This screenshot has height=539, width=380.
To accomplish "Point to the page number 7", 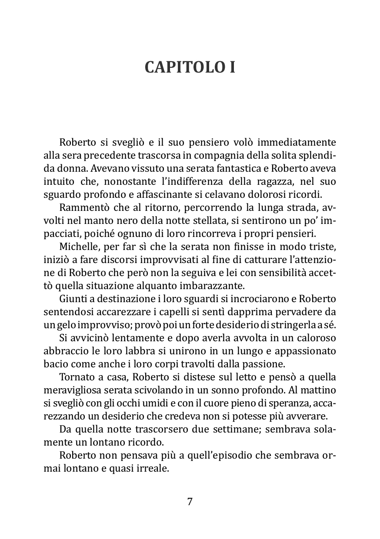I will pyautogui.click(x=190, y=501).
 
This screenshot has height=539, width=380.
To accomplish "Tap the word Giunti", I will pyautogui.click(x=72, y=300).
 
